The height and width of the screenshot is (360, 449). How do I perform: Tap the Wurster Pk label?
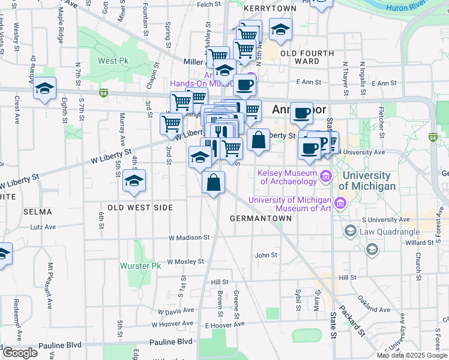[141, 266]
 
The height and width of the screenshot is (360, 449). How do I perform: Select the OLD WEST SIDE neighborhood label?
[140, 208]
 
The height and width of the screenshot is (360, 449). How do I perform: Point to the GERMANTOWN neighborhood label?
[261, 218]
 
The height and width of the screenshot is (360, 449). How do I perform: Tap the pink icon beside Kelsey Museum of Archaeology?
[326, 175]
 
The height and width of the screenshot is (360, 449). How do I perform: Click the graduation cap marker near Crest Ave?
[45, 89]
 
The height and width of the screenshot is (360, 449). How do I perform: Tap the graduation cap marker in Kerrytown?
[280, 29]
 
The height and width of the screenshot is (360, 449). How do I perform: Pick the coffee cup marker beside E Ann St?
[244, 85]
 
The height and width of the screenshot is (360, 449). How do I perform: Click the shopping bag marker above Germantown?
[214, 182]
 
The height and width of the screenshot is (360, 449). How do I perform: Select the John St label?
[265, 255]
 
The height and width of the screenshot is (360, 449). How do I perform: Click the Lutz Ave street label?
[43, 227]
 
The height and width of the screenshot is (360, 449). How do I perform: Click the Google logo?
[20, 353]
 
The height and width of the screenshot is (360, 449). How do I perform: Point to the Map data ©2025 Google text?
[412, 355]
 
